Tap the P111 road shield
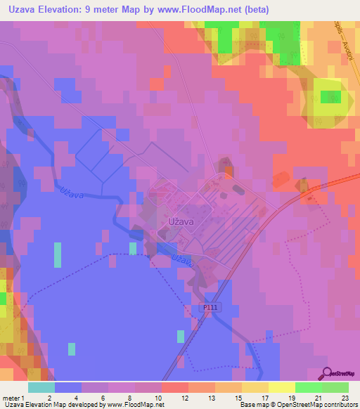tap(210, 307)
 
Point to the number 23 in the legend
tap(345, 398)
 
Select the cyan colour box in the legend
tap(41, 387)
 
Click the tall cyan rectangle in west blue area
tap(57, 254)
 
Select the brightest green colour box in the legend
tap(309, 387)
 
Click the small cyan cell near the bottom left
tap(72, 349)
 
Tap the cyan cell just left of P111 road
tap(181, 336)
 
